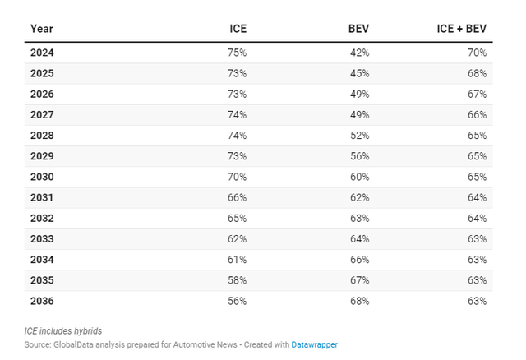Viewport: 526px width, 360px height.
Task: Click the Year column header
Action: pos(42,29)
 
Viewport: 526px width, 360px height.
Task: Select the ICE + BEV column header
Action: pos(462,29)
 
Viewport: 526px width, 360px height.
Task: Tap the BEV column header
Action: pos(358,29)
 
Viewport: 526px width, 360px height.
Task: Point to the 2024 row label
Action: pos(42,53)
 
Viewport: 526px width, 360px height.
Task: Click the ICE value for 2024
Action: pos(238,53)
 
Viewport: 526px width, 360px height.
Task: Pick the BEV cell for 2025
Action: pos(360,73)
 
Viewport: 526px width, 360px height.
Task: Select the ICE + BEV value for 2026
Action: pos(477,95)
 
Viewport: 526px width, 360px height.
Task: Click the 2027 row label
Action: pos(42,115)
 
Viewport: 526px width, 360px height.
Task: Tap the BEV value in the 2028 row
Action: pos(360,136)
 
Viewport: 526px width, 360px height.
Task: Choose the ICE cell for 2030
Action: pos(238,177)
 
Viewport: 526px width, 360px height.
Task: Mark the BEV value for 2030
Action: pos(360,177)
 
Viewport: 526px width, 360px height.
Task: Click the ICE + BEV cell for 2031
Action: pos(477,197)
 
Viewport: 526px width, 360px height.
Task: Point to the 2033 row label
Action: pos(42,239)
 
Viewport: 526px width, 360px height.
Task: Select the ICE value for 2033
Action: pos(238,239)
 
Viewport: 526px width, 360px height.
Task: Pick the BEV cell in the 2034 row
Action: pos(360,260)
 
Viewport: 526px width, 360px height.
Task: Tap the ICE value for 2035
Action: pos(238,280)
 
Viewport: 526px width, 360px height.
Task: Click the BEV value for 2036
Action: pos(360,301)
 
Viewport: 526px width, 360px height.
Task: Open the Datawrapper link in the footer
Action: pos(314,345)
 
